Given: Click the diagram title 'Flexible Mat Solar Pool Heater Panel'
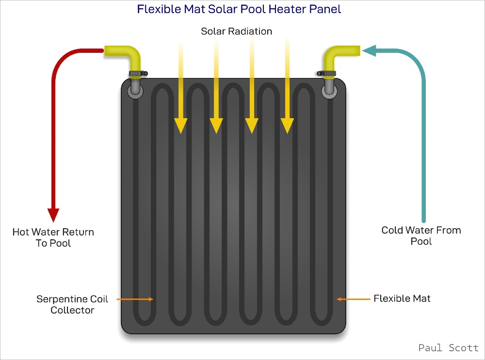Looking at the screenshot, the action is (x=239, y=9).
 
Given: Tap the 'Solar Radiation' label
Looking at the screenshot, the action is (x=237, y=31).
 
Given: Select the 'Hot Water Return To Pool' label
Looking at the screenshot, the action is (x=53, y=237).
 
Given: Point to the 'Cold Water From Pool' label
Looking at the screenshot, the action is (x=421, y=235).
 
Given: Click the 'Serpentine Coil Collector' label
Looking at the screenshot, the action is (x=72, y=304).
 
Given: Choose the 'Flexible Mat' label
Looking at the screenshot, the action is (x=402, y=298).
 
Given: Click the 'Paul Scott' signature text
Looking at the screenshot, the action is (x=448, y=348).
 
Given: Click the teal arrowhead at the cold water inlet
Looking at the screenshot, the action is (x=369, y=51).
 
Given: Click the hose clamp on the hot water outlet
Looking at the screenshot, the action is (x=138, y=74).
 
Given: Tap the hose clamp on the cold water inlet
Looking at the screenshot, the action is (x=326, y=74).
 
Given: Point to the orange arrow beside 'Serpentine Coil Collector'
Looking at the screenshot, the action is (x=135, y=299).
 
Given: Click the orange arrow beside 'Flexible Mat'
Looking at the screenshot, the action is (x=353, y=299).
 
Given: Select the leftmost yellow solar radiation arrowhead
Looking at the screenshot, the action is (x=180, y=126).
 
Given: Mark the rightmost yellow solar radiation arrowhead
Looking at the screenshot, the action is (x=287, y=126).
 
